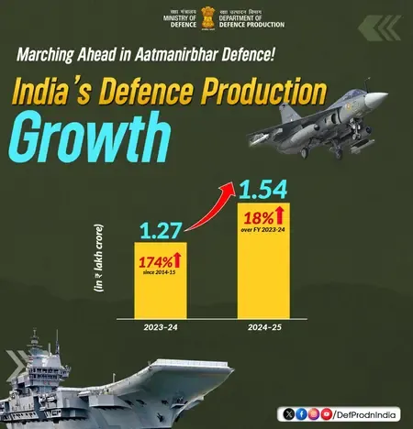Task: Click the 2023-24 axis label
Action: tap(161, 325)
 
